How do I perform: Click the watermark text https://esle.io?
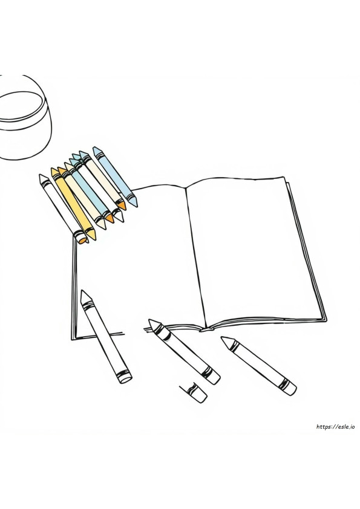[335, 427]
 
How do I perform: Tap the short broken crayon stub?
[194, 392]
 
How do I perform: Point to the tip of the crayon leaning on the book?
[82, 291]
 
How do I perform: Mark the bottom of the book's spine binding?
[207, 329]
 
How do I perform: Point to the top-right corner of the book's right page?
[284, 177]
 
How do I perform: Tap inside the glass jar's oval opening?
[20, 106]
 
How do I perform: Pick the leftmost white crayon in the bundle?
[64, 209]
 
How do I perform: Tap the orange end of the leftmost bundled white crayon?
[83, 239]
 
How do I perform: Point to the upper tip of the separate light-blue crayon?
[94, 148]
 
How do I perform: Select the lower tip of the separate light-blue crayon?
[136, 205]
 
